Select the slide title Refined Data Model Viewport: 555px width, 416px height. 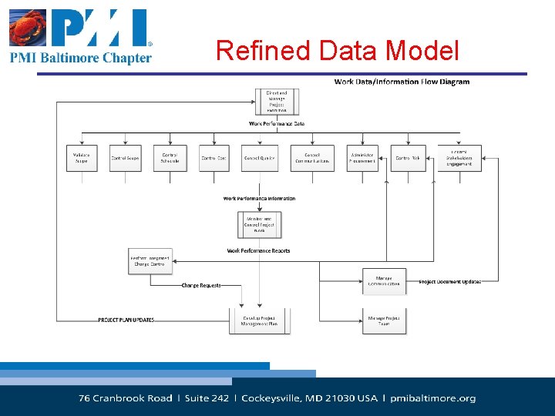(x=337, y=51)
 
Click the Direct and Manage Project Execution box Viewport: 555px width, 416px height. (x=277, y=101)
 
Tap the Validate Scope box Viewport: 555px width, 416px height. (x=81, y=158)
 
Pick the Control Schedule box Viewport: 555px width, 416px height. (x=170, y=158)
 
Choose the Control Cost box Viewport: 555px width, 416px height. (x=214, y=158)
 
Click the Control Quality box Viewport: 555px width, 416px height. (x=260, y=158)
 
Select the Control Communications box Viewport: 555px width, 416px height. (x=312, y=158)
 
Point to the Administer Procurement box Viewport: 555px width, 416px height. (x=362, y=158)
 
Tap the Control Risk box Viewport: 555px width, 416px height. (x=408, y=158)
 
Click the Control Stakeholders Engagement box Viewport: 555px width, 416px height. (x=459, y=157)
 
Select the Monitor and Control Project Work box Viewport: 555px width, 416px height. (x=259, y=224)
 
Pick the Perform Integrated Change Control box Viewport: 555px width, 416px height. (x=150, y=260)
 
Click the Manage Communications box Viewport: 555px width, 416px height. (x=384, y=280)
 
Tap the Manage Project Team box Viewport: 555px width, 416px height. (x=384, y=320)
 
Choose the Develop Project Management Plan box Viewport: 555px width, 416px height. (x=260, y=320)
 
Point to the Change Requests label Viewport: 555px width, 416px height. (x=201, y=286)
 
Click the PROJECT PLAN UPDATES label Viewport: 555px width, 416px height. (x=126, y=320)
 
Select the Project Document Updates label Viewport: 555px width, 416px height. (x=450, y=282)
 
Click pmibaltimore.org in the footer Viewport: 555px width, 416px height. (x=433, y=398)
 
